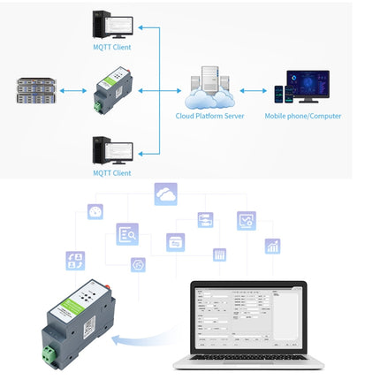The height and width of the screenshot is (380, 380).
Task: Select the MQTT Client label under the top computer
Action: click(x=113, y=48)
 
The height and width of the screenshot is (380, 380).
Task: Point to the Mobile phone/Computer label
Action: click(x=303, y=116)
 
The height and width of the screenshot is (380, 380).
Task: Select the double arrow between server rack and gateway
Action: click(x=71, y=90)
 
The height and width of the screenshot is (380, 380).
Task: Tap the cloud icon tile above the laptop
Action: click(x=165, y=194)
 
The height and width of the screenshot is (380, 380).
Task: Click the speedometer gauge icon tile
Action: click(x=95, y=212)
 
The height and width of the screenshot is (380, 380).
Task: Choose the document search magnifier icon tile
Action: click(x=127, y=234)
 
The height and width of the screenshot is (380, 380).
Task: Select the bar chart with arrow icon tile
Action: click(x=272, y=246)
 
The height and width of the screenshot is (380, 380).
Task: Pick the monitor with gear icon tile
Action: click(x=246, y=220)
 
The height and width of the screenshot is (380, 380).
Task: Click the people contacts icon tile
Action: click(x=75, y=260)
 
